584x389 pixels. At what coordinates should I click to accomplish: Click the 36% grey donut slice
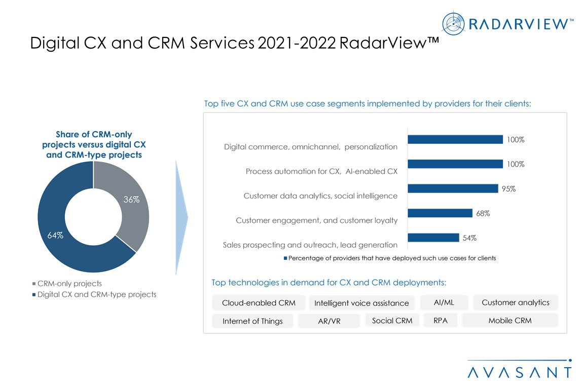[129, 203]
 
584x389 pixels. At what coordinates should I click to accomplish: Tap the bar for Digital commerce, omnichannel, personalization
[455, 139]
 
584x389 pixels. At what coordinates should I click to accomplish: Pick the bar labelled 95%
[452, 188]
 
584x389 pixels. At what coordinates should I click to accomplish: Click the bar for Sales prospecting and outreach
[433, 238]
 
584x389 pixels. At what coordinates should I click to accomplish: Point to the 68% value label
[483, 213]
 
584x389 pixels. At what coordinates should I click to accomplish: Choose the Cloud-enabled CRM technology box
[259, 303]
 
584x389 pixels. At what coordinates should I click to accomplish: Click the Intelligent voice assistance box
[361, 303]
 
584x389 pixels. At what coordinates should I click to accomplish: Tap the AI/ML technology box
[444, 302]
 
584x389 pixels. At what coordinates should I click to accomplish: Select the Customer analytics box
[515, 302]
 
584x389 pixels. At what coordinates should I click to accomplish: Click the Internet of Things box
[252, 321]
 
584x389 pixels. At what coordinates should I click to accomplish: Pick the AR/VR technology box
[329, 321]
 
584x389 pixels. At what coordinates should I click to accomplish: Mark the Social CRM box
[392, 320]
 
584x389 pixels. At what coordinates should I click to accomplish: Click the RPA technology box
[441, 320]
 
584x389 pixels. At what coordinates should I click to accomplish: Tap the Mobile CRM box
[510, 320]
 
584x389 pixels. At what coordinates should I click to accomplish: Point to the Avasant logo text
[520, 372]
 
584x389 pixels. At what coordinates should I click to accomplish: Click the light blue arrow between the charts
[181, 218]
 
